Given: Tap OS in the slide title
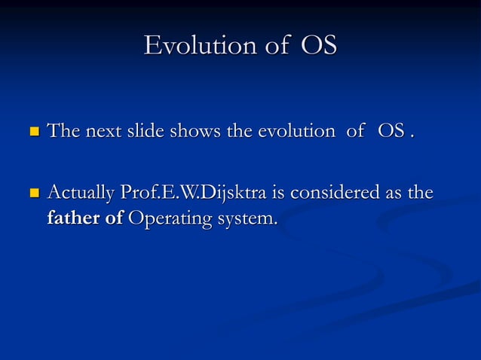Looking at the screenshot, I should [319, 45].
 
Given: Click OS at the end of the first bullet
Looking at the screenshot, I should [391, 132].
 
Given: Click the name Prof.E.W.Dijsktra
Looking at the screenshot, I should [192, 194].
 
